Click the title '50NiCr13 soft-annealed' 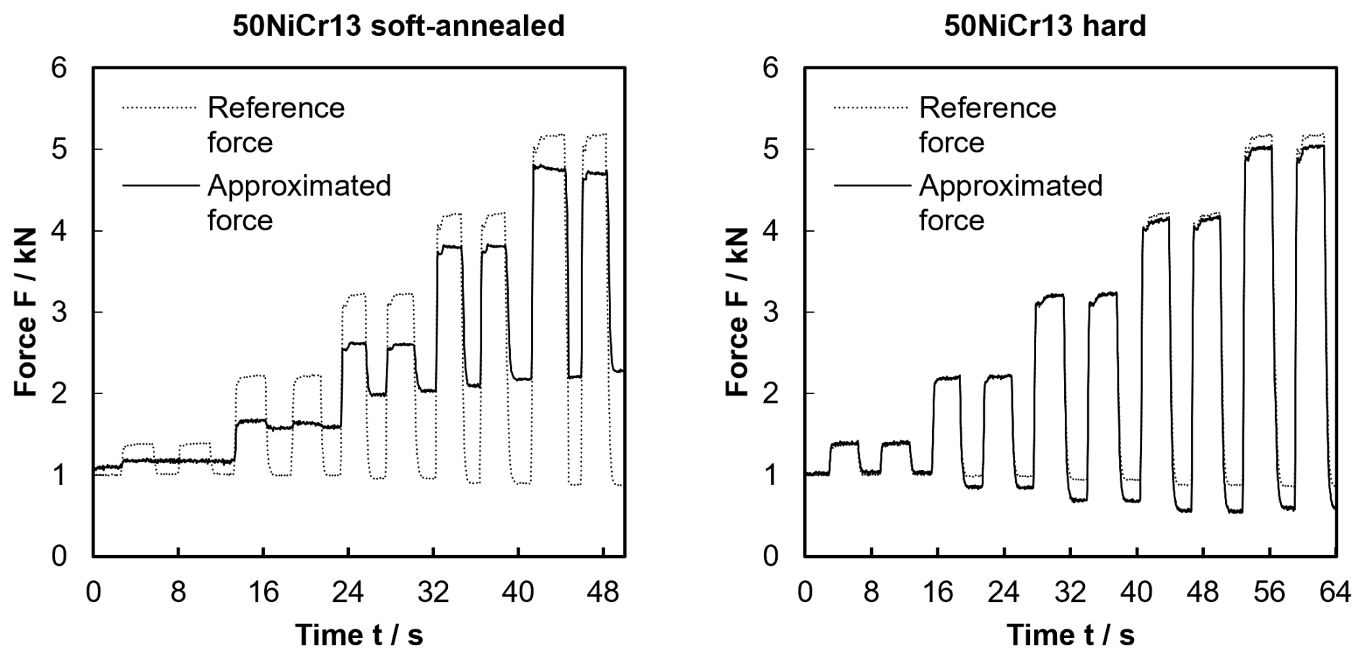pyautogui.click(x=398, y=26)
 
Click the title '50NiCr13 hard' pyautogui.click(x=1045, y=26)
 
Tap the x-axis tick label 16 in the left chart pyautogui.click(x=263, y=593)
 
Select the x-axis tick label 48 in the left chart pyautogui.click(x=603, y=593)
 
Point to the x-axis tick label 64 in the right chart pyautogui.click(x=1335, y=593)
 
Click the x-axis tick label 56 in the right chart pyautogui.click(x=1269, y=593)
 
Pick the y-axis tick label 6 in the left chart pyautogui.click(x=58, y=69)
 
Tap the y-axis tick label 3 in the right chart pyautogui.click(x=770, y=313)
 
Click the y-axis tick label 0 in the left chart pyautogui.click(x=58, y=557)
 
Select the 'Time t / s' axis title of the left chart pyautogui.click(x=359, y=635)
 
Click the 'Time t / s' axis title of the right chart pyautogui.click(x=1071, y=635)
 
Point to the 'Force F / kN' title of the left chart pyautogui.click(x=25, y=313)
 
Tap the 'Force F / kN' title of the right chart pyautogui.click(x=737, y=313)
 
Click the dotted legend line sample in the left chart pyautogui.click(x=159, y=108)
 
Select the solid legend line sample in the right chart pyautogui.click(x=872, y=186)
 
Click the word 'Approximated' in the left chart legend pyautogui.click(x=299, y=186)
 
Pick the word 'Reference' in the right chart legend pyautogui.click(x=988, y=108)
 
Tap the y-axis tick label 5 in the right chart pyautogui.click(x=770, y=150)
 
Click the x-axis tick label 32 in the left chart pyautogui.click(x=433, y=593)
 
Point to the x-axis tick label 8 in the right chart pyautogui.click(x=871, y=593)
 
